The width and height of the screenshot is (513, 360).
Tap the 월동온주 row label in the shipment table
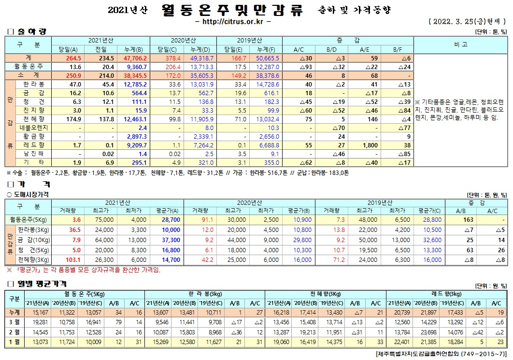(x=29, y=66)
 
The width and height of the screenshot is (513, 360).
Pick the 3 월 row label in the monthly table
(x=14, y=321)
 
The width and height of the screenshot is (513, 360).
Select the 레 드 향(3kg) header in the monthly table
(x=446, y=293)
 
